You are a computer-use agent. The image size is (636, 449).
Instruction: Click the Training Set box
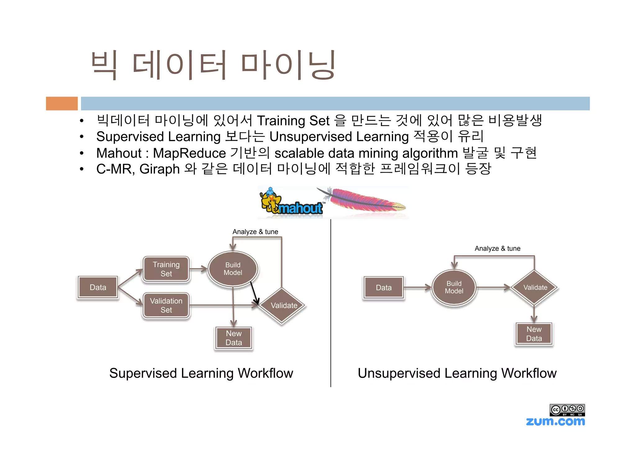166,269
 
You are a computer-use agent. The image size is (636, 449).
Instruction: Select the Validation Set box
166,305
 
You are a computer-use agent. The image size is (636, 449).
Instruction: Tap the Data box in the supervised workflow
98,287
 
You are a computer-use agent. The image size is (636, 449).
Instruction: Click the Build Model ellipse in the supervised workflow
233,269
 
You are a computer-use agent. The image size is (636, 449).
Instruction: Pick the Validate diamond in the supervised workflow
284,306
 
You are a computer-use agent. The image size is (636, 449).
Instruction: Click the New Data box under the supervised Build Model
234,338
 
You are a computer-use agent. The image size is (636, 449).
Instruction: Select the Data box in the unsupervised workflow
384,288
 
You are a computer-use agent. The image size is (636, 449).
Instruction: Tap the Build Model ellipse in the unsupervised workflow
454,287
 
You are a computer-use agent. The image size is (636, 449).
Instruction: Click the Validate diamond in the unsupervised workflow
535,287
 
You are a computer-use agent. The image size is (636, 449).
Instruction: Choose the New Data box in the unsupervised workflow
534,334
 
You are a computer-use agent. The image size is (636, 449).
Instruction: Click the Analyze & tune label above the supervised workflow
255,232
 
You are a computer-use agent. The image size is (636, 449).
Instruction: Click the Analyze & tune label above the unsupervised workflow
497,249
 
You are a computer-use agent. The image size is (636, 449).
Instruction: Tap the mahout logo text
300,208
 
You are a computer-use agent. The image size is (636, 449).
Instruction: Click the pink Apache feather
365,200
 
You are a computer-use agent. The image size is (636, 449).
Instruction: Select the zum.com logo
555,421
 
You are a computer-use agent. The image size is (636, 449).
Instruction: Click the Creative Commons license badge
567,410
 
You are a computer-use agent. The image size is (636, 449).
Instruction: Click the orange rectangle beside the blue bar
62,103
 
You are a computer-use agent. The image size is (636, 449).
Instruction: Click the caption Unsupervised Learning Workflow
457,373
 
